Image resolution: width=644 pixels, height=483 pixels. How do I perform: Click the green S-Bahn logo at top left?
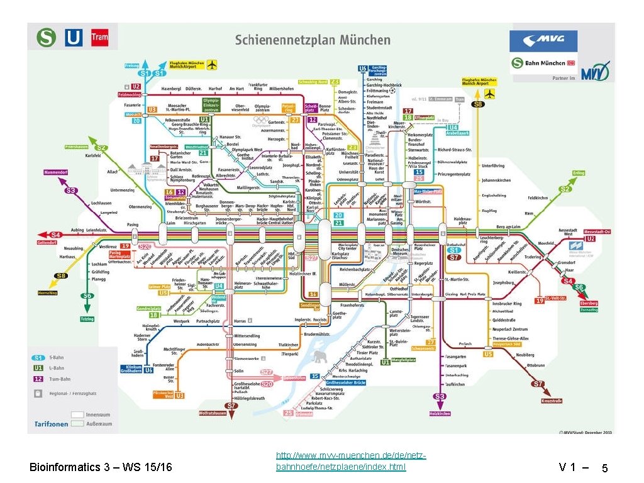click(46, 38)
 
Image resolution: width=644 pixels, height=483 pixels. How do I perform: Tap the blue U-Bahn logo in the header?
click(74, 38)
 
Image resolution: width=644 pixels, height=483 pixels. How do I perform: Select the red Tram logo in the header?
click(99, 37)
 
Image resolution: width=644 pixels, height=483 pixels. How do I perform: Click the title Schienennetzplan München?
click(313, 40)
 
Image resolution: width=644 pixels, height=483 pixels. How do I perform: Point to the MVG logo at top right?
click(543, 41)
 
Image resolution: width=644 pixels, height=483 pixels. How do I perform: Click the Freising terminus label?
click(132, 65)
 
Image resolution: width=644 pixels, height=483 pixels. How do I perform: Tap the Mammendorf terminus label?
click(55, 172)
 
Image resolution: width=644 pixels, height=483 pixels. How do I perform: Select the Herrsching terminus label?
click(48, 292)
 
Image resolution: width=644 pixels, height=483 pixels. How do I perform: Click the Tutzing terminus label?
click(87, 319)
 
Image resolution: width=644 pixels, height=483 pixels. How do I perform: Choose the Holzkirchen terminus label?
click(440, 413)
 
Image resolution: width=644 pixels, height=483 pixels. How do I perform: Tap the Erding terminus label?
click(579, 173)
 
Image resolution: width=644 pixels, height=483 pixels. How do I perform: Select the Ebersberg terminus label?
click(589, 303)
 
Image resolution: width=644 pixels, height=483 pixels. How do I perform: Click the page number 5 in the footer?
click(604, 469)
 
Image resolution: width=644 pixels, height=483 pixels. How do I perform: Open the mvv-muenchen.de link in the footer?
click(350, 460)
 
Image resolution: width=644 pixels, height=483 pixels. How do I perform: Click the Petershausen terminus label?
click(76, 147)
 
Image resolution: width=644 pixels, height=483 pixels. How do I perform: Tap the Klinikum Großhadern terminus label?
click(130, 368)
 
